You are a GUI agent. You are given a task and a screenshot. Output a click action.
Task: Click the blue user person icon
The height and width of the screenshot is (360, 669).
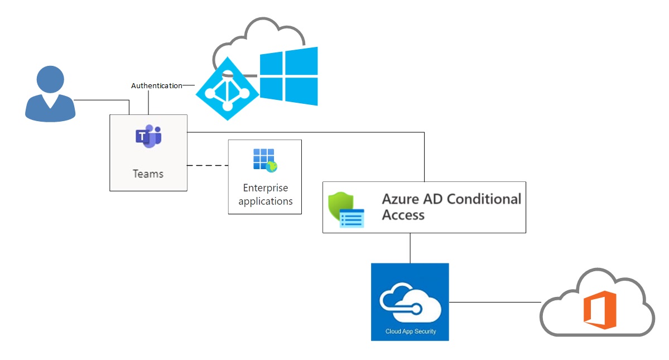(50, 93)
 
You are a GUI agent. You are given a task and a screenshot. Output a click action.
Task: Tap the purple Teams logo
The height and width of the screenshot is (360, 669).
(148, 137)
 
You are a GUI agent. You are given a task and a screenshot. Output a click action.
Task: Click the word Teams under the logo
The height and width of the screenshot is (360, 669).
(148, 174)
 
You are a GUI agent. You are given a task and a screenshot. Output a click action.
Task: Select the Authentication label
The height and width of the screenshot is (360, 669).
(156, 86)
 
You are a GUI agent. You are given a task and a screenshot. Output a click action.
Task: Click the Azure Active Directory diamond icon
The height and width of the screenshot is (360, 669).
(227, 89)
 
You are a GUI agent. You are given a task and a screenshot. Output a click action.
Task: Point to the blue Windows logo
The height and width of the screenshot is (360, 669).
(289, 76)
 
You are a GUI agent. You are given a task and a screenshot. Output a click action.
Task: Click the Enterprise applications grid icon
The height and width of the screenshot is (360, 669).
(264, 160)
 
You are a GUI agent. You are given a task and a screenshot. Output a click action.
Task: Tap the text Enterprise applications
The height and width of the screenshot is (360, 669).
(265, 194)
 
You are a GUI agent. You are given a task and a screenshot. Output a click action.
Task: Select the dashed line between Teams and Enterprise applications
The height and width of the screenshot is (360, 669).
(207, 166)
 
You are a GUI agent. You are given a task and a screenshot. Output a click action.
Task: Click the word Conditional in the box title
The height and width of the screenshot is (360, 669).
(484, 199)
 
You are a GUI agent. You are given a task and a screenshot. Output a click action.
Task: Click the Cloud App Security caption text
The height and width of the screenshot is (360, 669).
(410, 332)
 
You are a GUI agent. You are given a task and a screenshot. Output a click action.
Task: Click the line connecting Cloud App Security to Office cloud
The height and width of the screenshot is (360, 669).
(494, 302)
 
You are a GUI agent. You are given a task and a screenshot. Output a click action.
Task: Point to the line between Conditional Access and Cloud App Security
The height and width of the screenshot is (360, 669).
(410, 248)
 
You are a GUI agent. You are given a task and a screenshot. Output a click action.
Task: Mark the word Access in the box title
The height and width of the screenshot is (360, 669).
(403, 215)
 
